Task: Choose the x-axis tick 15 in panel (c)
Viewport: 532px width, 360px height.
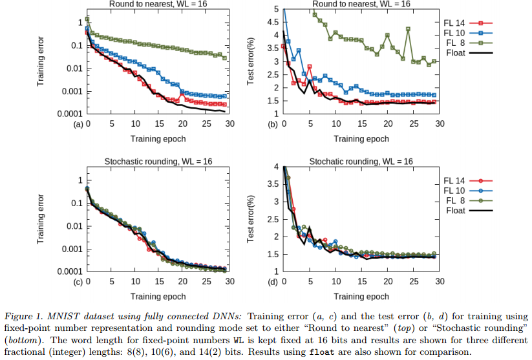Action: tap(159, 282)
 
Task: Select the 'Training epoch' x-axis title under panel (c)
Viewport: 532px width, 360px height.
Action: tap(159, 295)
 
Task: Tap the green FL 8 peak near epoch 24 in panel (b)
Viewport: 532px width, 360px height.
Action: tap(408, 29)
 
